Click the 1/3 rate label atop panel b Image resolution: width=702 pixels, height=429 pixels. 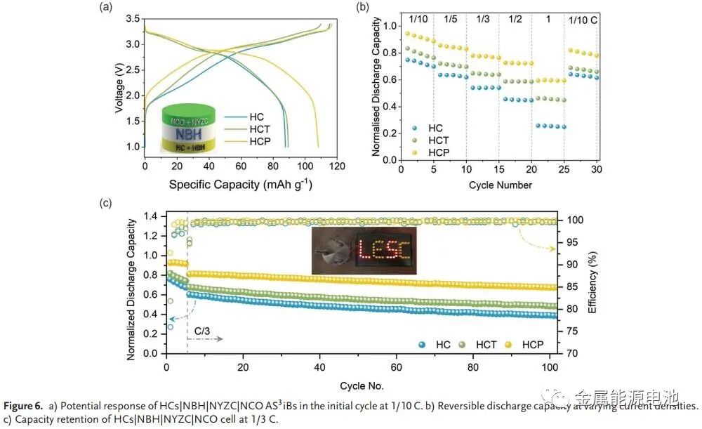[x=483, y=19]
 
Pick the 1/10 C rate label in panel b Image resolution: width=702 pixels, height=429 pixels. [x=583, y=19]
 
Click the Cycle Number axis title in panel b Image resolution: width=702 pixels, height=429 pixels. [x=499, y=185]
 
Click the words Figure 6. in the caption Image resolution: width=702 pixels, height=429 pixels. [x=23, y=407]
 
